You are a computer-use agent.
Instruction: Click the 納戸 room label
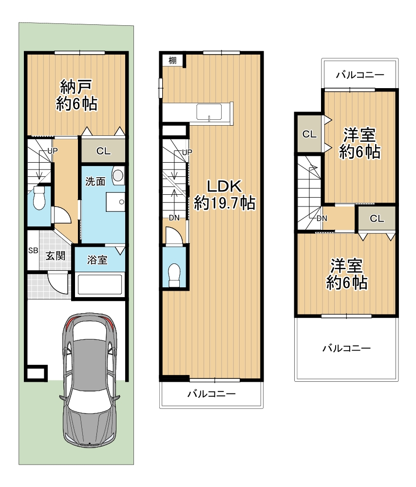76,87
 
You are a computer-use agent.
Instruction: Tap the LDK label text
224,187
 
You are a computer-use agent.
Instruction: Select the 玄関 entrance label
56,256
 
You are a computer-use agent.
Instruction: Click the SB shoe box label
33,250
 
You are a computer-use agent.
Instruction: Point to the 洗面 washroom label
95,181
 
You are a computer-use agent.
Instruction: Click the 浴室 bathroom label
97,260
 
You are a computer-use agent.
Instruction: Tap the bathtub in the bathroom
99,284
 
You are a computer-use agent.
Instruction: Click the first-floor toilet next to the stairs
39,198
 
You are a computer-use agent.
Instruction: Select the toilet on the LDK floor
174,275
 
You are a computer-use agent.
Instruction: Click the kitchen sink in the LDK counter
209,112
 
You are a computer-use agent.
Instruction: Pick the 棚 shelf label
173,60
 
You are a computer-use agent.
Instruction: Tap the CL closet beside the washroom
103,151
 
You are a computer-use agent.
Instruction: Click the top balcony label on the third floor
360,75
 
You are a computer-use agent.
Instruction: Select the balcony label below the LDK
211,394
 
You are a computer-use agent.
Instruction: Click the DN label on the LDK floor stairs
174,218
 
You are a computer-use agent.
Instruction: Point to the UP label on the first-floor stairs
53,151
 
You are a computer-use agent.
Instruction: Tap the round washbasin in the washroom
118,175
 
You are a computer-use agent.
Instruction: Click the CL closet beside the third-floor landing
377,218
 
